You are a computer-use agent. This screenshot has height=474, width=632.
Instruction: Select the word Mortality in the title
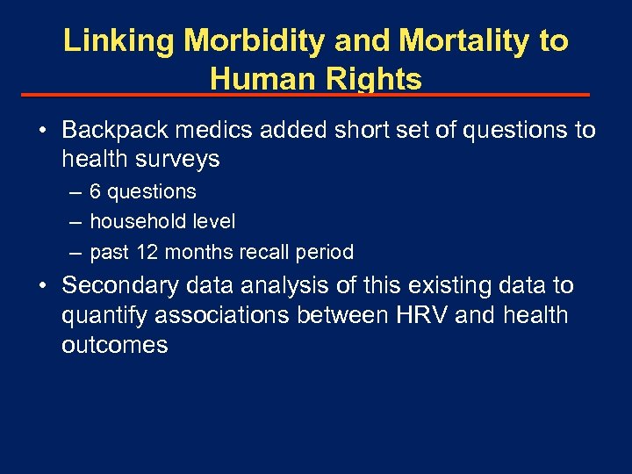pos(444,41)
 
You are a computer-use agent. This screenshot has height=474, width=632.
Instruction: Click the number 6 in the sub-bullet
pos(95,191)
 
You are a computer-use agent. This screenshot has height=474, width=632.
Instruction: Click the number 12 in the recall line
pos(147,252)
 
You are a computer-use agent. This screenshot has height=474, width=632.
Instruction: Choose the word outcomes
pos(114,345)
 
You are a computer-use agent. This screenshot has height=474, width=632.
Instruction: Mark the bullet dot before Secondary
pos(42,286)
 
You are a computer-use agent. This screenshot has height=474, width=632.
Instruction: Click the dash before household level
pos(76,222)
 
